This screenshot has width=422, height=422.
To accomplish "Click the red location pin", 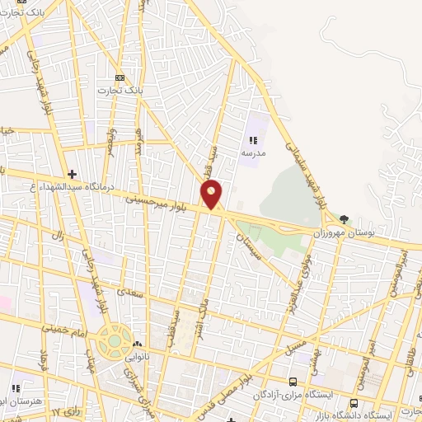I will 212,193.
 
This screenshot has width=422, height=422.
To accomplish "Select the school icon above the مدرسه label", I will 252,140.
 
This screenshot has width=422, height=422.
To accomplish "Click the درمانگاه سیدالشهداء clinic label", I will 68,188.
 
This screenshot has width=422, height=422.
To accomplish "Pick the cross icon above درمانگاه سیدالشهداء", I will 73,174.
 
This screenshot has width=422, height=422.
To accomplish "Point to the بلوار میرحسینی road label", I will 162,203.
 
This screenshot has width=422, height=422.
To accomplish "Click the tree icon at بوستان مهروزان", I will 344,220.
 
